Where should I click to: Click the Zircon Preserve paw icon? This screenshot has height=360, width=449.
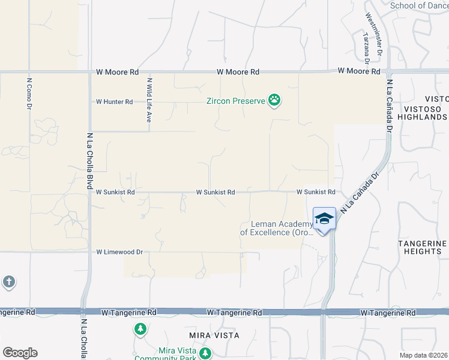(x=274, y=100)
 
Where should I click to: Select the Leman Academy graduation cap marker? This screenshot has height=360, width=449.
(x=324, y=219)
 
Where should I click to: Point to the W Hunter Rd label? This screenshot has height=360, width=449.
(x=114, y=102)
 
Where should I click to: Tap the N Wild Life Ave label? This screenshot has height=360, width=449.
(x=149, y=100)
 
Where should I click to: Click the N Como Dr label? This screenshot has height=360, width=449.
(x=29, y=93)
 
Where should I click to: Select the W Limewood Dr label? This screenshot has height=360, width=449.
(x=119, y=253)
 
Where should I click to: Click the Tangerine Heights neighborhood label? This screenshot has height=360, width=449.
(x=423, y=247)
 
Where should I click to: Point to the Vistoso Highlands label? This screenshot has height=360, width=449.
(x=426, y=112)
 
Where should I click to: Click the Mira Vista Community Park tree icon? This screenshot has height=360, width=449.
(x=206, y=353)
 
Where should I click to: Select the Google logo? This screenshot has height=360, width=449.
(x=20, y=353)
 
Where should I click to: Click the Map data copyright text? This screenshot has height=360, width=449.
(x=423, y=355)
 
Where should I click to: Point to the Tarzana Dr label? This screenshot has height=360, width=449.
(x=366, y=47)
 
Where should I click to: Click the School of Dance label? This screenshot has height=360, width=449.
(x=419, y=5)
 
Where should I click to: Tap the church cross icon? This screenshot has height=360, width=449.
(x=8, y=281)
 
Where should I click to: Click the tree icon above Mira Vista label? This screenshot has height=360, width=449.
(x=140, y=329)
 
